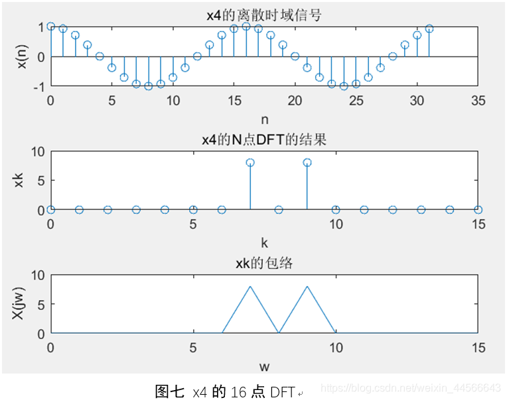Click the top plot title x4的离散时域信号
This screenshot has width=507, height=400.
(x=264, y=15)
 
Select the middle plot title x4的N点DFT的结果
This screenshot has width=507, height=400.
(x=264, y=140)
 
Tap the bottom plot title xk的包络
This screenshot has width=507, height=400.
(x=264, y=264)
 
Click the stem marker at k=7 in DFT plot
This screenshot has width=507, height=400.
(x=250, y=162)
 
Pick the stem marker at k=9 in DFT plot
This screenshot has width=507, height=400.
(x=307, y=162)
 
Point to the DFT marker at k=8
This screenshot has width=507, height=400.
(x=279, y=209)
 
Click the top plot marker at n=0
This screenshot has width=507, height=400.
(x=51, y=26)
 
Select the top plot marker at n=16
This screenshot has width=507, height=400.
(x=246, y=26)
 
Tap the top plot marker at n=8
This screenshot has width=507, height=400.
(x=149, y=86)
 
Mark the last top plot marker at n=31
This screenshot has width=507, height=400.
(x=429, y=28)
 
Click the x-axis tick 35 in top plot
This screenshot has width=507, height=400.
(x=478, y=101)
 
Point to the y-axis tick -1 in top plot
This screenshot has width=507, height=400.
(x=39, y=87)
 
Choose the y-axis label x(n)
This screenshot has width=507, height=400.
(x=22, y=56)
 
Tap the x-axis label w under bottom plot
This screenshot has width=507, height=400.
(x=264, y=366)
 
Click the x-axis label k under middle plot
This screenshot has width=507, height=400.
(x=264, y=242)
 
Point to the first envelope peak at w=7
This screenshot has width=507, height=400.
(x=250, y=286)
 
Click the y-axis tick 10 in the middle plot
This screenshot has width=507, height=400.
(x=38, y=152)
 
